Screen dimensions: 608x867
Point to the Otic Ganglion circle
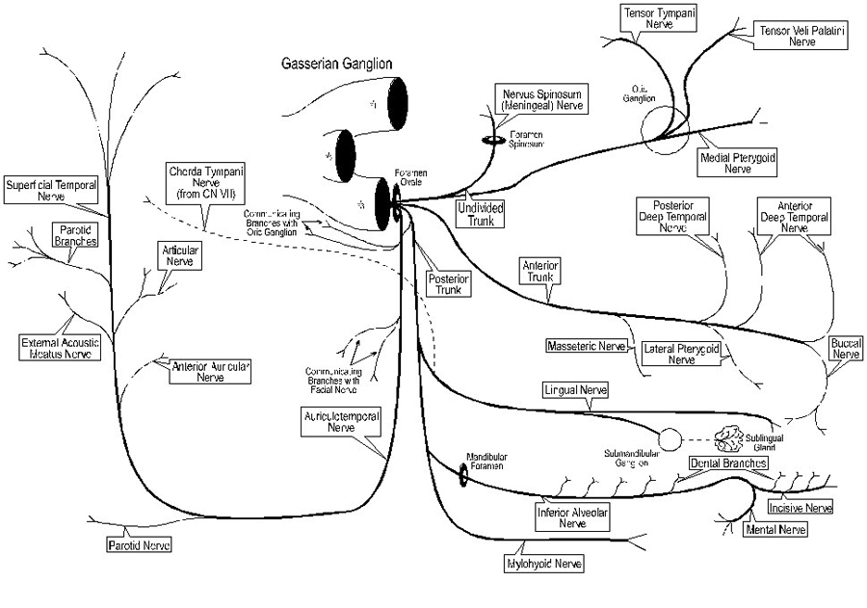(x=664, y=129)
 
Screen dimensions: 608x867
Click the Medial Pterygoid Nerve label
(x=737, y=162)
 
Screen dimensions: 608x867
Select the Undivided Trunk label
(x=481, y=213)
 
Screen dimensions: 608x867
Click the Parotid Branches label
(x=74, y=235)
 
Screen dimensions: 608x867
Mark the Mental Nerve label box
(x=775, y=529)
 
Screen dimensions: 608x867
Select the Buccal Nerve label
(x=846, y=349)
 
